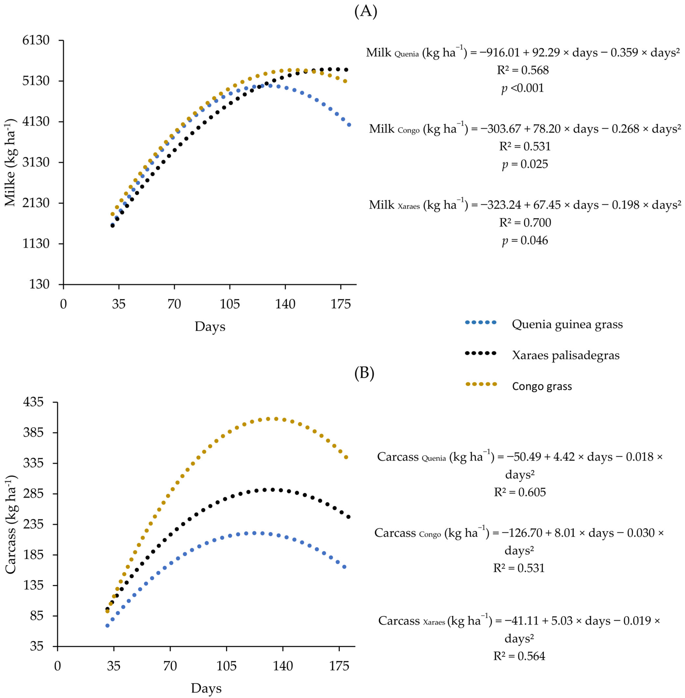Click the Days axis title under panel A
click(x=210, y=326)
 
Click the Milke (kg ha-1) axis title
click(x=11, y=162)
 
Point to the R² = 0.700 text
click(x=525, y=223)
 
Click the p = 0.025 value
click(x=525, y=164)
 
